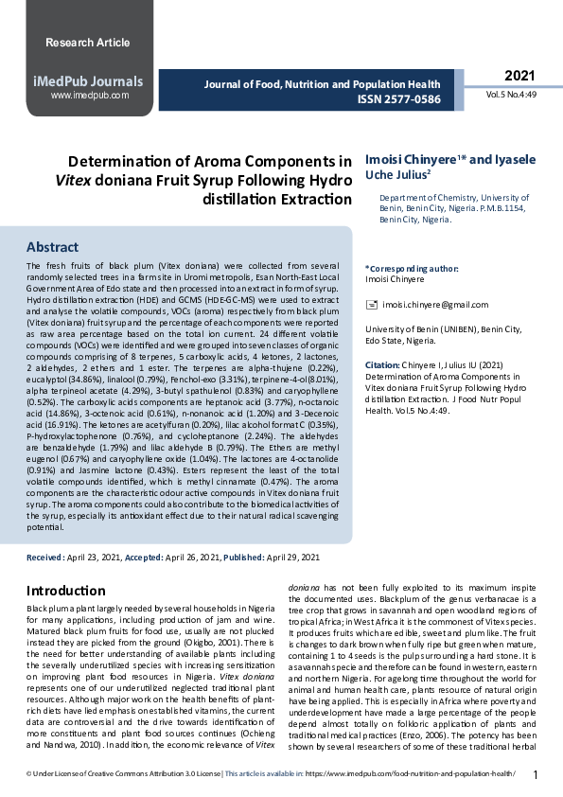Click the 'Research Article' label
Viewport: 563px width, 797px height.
pos(87,43)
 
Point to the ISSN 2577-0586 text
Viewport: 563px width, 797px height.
pos(398,98)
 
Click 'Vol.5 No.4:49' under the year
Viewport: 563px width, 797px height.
pos(512,96)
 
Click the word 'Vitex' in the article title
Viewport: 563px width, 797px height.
pos(76,180)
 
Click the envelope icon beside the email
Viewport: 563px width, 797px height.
pos(371,304)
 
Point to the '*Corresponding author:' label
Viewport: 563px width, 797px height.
pos(412,269)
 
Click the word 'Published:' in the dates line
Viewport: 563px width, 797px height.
pos(244,558)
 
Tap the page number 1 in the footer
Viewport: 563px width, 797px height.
pos(536,775)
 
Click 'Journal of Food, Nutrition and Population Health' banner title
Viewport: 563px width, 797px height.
pos(323,83)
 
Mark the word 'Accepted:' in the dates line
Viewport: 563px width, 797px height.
pos(144,558)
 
